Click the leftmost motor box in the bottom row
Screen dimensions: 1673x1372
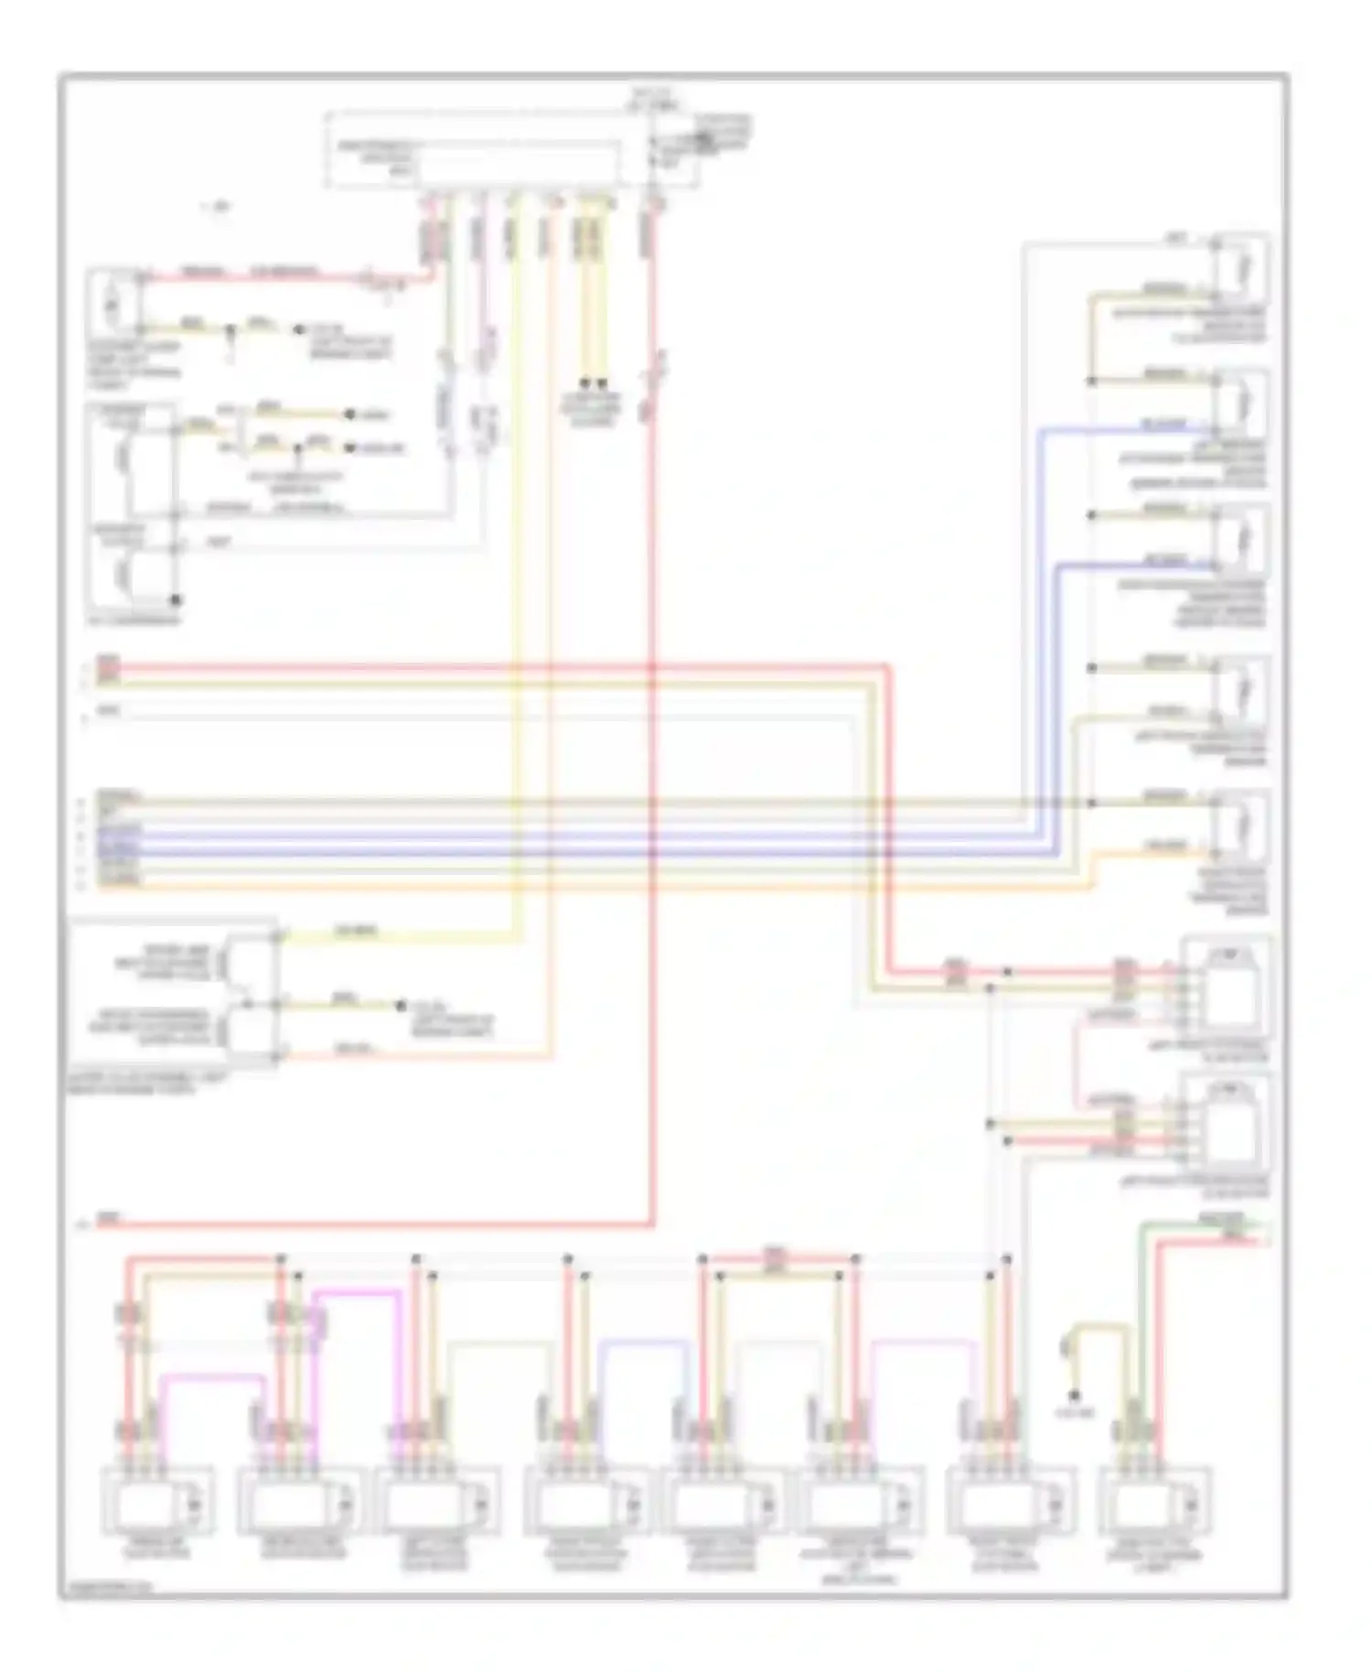pos(157,1501)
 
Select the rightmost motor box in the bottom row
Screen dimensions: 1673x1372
pos(1156,1501)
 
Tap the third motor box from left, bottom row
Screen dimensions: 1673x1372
pos(441,1501)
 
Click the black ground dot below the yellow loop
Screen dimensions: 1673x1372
pos(1075,1396)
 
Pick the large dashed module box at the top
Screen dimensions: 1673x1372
pos(512,151)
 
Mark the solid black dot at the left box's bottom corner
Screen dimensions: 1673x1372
pos(176,600)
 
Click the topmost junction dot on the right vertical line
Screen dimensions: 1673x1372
pos(1091,380)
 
